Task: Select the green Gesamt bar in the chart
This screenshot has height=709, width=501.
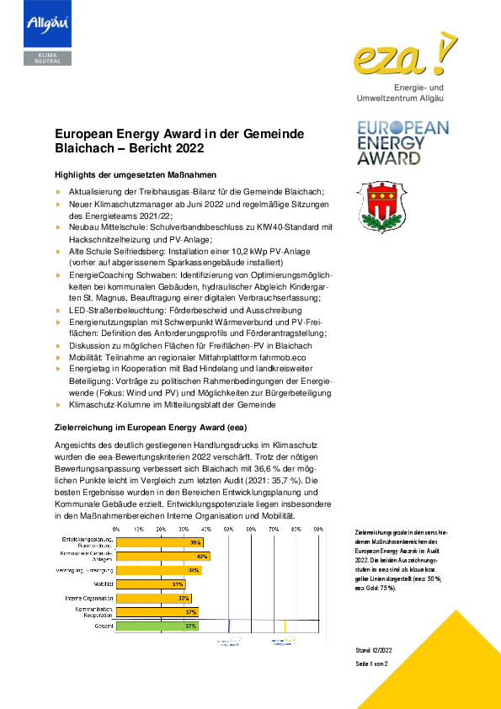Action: coord(157,626)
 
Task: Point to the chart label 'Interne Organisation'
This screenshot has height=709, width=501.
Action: coord(88,598)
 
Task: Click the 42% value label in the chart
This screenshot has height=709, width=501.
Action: coord(202,556)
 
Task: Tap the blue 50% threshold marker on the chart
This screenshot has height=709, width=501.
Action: coord(229,626)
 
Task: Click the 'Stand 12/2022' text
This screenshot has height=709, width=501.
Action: coord(376,650)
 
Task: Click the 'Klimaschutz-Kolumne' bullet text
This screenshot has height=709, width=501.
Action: coord(172,404)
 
